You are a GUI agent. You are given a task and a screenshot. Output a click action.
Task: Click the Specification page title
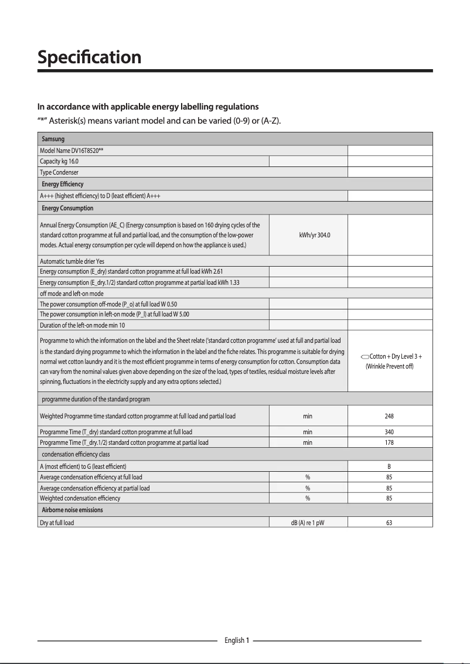(89, 57)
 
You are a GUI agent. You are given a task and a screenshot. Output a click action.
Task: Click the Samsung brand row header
(53, 139)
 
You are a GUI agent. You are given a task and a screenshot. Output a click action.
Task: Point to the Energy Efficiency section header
(63, 184)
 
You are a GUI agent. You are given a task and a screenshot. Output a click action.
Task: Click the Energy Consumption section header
(67, 208)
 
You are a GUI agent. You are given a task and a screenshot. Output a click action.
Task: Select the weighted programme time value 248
(389, 416)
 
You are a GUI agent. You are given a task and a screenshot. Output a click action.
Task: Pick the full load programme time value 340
(389, 432)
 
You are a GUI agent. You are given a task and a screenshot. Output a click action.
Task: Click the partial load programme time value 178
(389, 442)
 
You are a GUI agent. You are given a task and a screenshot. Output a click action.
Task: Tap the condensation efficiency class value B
(389, 466)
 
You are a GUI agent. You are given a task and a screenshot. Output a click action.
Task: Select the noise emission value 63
(389, 522)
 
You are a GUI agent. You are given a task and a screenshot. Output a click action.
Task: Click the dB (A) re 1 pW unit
(308, 522)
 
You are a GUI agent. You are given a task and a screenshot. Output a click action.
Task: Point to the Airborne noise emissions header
(72, 510)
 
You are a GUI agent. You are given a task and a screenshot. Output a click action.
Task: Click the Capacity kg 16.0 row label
(59, 161)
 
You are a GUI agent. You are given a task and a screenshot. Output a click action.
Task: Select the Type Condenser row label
(59, 172)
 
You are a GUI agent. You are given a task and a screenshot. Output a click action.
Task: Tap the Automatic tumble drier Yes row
(72, 261)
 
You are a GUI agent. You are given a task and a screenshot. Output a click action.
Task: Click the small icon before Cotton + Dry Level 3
(365, 357)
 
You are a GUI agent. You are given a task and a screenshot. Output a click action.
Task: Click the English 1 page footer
(237, 641)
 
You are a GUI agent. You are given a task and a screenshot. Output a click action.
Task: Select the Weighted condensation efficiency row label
(80, 498)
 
